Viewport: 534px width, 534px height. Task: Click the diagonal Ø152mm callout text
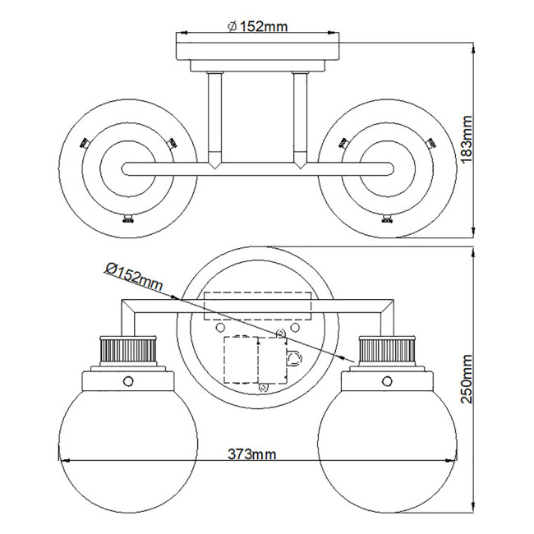(134, 278)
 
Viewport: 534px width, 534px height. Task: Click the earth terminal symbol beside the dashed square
(293, 358)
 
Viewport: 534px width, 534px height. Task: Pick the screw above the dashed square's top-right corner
(281, 332)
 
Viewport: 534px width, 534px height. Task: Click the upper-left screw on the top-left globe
(83, 142)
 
